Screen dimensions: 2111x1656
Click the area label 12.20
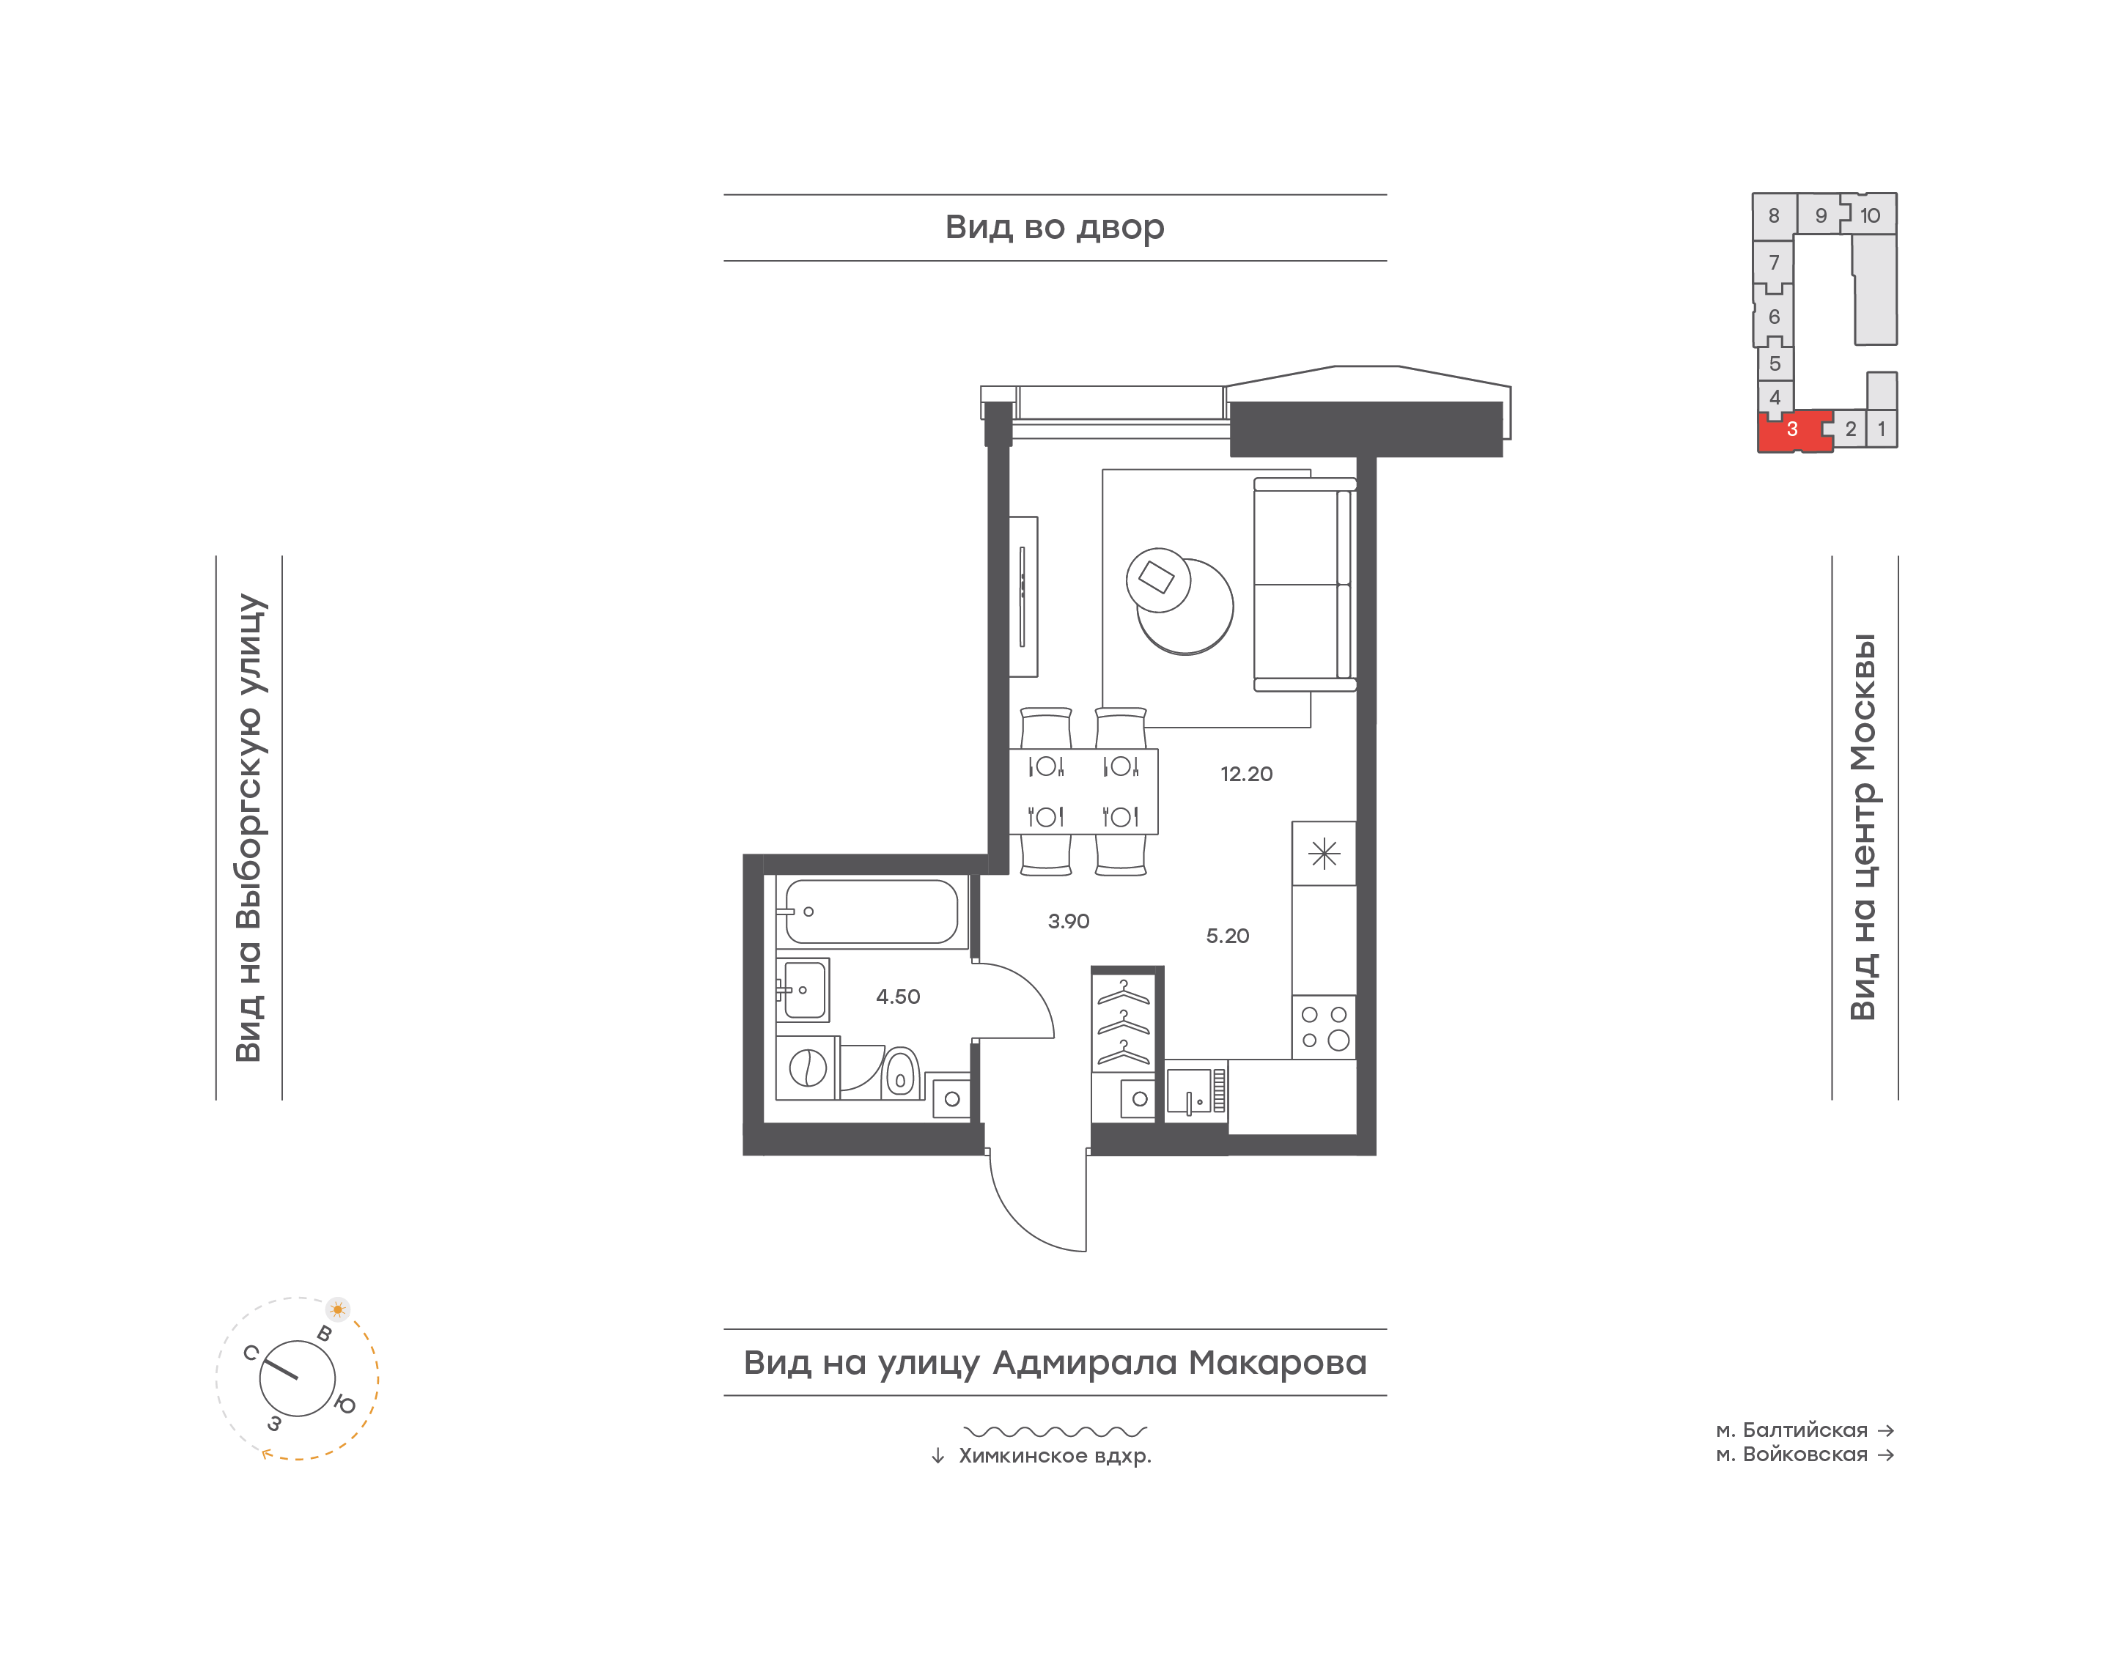tap(1246, 774)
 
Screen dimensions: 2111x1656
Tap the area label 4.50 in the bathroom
tap(898, 997)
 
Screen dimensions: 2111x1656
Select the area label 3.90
tap(1069, 921)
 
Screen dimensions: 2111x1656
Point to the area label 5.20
tap(1228, 936)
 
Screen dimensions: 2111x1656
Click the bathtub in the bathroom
tap(872, 912)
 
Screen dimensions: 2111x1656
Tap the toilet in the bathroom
tap(901, 1072)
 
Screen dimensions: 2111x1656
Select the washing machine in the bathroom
tap(807, 1068)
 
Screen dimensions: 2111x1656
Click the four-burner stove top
tap(1324, 1027)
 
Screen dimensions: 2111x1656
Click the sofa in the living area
tap(1304, 585)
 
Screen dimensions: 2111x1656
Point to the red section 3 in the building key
tap(1792, 430)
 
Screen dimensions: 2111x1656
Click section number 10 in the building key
tap(1870, 215)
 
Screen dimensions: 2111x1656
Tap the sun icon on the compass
tap(337, 1309)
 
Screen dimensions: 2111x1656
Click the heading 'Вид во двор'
tap(1055, 227)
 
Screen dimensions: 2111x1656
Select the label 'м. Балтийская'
tap(1791, 1430)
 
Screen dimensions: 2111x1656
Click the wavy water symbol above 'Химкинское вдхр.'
tap(1055, 1431)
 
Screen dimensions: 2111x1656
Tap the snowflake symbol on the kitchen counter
tap(1324, 853)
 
